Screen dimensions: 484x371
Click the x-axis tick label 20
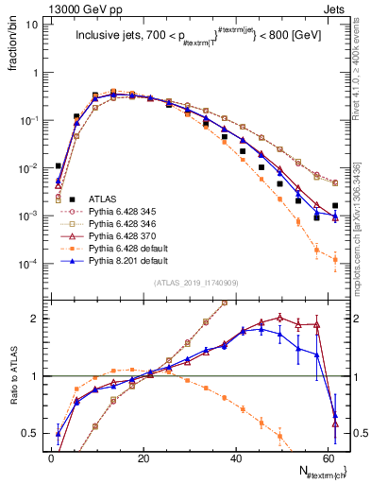click(143, 457)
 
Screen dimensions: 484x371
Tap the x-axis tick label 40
click(235, 457)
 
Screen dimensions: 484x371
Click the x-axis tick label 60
click(328, 457)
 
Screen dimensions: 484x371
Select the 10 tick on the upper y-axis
click(35, 26)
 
